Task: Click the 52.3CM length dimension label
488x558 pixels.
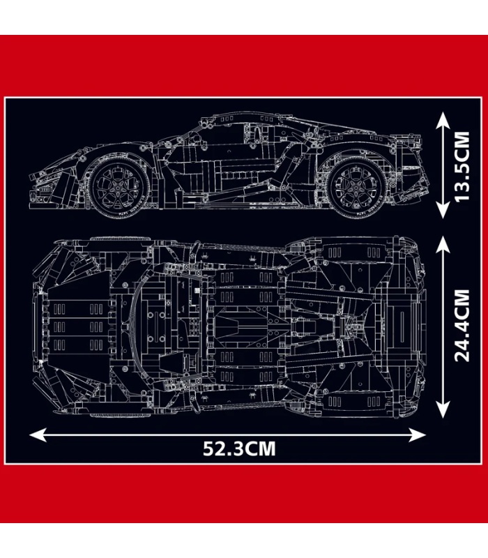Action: pyautogui.click(x=239, y=448)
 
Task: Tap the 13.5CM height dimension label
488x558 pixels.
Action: pyautogui.click(x=462, y=167)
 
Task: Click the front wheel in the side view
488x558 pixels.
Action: pyautogui.click(x=119, y=186)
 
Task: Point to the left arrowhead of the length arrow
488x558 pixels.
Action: pyautogui.click(x=38, y=435)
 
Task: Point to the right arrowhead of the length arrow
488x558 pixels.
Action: pyautogui.click(x=417, y=435)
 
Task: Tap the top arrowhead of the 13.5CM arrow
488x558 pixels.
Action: pyautogui.click(x=443, y=121)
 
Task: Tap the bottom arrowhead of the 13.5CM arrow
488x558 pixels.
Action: pyautogui.click(x=443, y=210)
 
